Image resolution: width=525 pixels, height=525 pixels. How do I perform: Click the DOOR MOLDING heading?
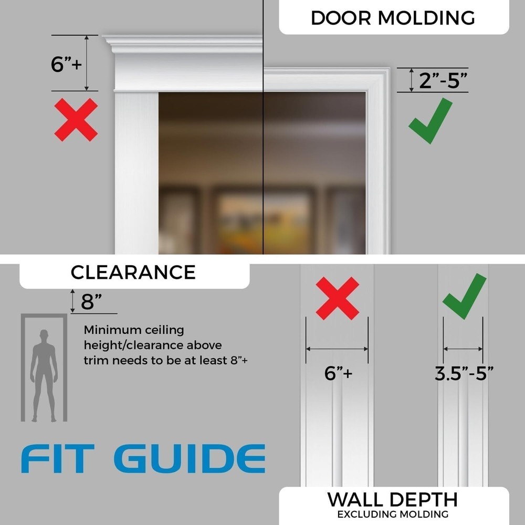click(393, 17)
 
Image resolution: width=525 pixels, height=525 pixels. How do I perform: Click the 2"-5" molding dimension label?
click(443, 81)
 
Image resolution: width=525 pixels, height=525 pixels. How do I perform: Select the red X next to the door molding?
click(76, 120)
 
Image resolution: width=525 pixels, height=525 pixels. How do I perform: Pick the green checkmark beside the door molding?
click(430, 121)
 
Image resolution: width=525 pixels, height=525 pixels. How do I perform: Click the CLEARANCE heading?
click(133, 272)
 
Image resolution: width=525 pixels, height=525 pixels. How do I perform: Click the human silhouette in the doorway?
click(44, 374)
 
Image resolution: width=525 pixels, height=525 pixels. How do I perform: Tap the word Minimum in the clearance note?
click(112, 330)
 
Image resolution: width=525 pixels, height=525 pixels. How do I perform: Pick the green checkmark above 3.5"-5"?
click(464, 295)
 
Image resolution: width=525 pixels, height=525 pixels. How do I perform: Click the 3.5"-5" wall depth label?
click(464, 373)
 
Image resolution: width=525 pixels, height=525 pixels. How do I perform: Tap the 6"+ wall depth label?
click(338, 373)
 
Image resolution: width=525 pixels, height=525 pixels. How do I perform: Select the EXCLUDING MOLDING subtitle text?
click(393, 514)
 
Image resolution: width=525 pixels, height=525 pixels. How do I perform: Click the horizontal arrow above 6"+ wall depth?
click(337, 348)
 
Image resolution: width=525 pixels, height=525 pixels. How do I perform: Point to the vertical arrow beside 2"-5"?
click(411, 80)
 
